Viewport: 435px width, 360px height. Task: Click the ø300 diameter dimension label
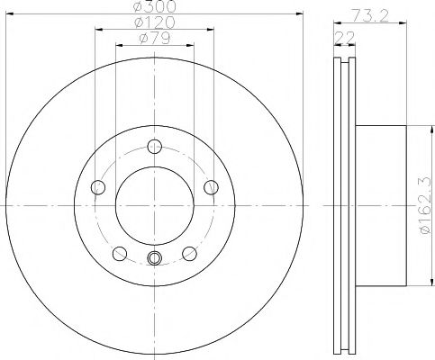tap(154, 6)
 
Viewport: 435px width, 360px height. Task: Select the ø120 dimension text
tap(154, 22)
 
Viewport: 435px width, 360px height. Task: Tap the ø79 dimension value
tap(155, 39)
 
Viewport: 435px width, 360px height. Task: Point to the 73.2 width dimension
tap(370, 15)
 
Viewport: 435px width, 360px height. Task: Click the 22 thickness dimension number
tap(344, 38)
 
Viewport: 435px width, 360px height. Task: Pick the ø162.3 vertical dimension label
tap(426, 205)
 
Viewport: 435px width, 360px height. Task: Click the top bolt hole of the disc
tap(155, 147)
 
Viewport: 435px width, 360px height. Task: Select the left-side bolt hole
tap(98, 187)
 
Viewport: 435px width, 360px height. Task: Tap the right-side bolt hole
tap(211, 187)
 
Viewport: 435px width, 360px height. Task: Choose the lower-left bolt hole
tap(120, 254)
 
